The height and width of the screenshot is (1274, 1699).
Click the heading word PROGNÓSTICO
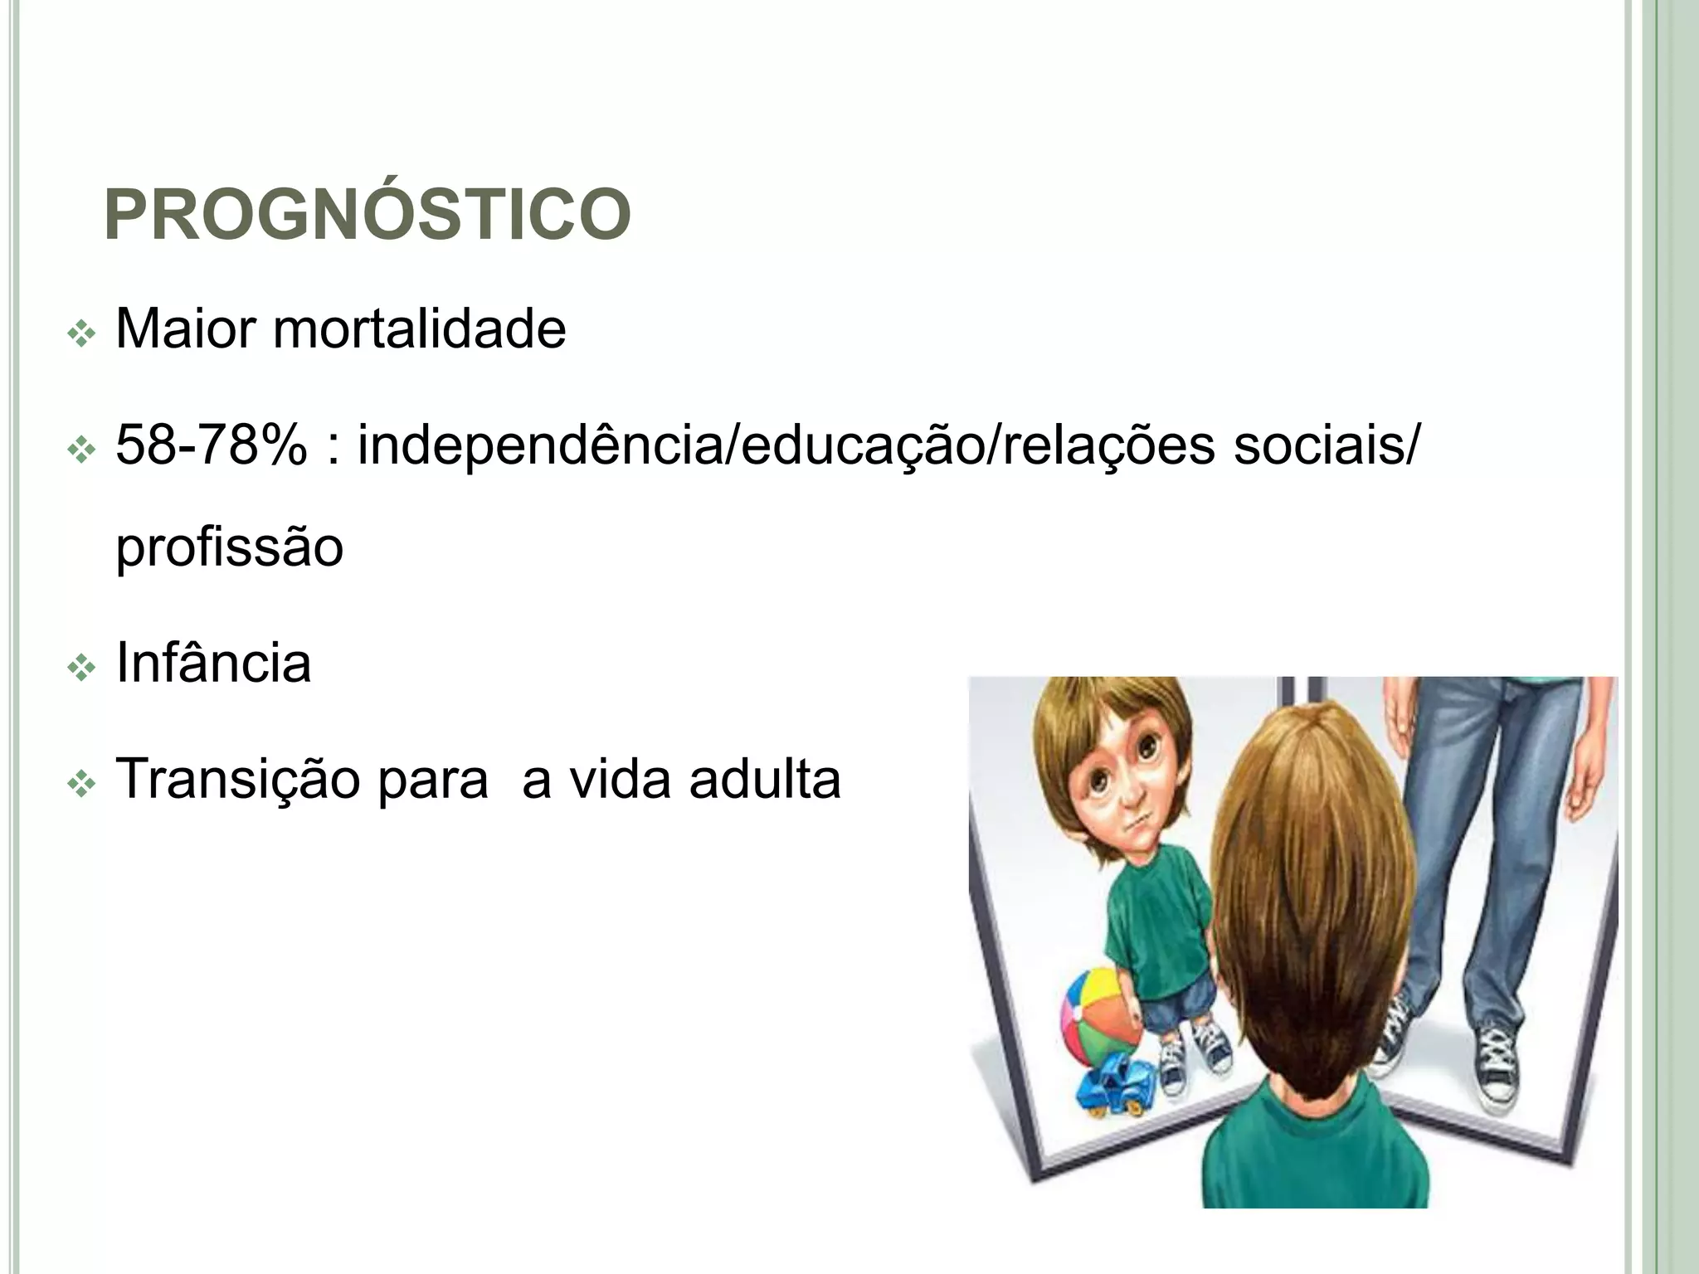click(x=368, y=214)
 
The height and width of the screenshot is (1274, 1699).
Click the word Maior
click(x=186, y=329)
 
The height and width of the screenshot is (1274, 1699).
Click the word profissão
click(x=229, y=547)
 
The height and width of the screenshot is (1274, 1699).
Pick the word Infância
click(x=213, y=663)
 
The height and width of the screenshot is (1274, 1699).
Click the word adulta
click(x=764, y=780)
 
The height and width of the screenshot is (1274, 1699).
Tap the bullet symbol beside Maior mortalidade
click(x=82, y=335)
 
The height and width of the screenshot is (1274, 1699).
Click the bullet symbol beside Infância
click(x=82, y=669)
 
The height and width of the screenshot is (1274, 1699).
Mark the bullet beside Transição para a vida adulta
click(x=82, y=785)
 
